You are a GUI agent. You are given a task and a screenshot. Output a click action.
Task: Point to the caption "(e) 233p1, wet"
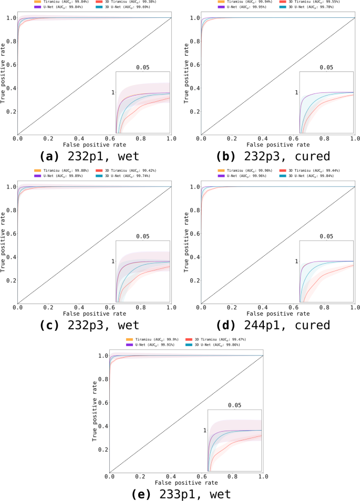pyautogui.click(x=180, y=494)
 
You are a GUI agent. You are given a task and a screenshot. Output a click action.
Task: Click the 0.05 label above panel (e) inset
pyautogui.click(x=235, y=405)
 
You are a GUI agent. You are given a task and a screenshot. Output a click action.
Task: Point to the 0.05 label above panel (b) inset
pyautogui.click(x=326, y=67)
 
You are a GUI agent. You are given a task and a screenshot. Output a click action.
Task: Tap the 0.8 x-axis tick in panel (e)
pyautogui.click(x=232, y=476)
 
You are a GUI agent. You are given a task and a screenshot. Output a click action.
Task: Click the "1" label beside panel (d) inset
pyautogui.click(x=296, y=262)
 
